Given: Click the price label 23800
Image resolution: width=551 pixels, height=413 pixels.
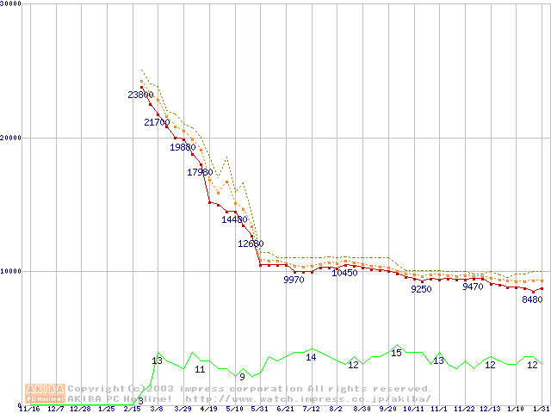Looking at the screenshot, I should click(x=140, y=95).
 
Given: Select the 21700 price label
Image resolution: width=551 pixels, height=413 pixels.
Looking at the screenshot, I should click(x=157, y=122).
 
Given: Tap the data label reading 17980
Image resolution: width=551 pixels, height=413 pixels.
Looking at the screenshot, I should click(x=200, y=172).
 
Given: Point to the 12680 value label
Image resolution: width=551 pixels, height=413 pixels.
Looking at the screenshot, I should click(x=251, y=243).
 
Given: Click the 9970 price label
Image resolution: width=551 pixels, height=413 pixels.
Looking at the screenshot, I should click(x=294, y=280).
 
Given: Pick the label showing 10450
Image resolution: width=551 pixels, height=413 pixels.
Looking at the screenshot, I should click(x=344, y=273).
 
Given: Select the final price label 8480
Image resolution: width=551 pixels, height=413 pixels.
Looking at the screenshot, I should click(x=532, y=299).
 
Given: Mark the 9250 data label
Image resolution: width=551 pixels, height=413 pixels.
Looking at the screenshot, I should click(x=421, y=289).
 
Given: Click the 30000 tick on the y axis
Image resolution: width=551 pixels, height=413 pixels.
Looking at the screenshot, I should click(x=12, y=4).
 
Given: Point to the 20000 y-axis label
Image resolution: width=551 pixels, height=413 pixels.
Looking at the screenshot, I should click(x=12, y=138).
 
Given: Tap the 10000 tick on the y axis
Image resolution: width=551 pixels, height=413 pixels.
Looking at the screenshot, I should click(x=12, y=271).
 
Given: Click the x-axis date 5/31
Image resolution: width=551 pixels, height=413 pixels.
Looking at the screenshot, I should click(x=259, y=409).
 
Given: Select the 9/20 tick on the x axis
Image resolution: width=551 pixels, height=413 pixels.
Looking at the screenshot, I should click(x=387, y=409).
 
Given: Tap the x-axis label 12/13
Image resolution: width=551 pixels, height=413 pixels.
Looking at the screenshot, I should click(x=490, y=409).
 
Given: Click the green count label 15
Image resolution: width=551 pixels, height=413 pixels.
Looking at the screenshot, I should click(x=396, y=353).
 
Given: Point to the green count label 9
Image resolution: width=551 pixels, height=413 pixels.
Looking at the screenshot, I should click(x=242, y=377).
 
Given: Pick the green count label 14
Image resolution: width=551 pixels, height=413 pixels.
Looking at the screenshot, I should click(x=311, y=357).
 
